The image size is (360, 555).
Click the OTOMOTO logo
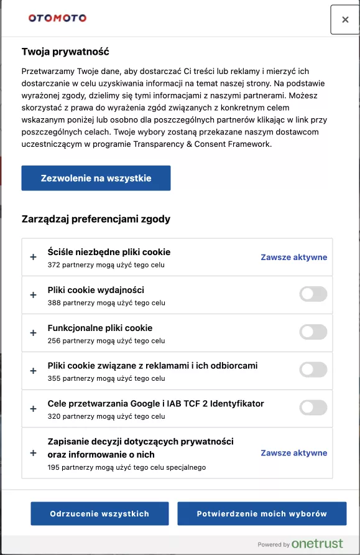pyautogui.click(x=57, y=18)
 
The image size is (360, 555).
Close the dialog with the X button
pyautogui.click(x=345, y=20)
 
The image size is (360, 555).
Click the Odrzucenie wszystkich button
pyautogui.click(x=99, y=514)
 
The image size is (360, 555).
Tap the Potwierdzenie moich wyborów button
pyautogui.click(x=262, y=514)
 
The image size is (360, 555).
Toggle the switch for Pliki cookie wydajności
pyautogui.click(x=313, y=294)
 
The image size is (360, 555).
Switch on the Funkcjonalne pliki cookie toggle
pyautogui.click(x=313, y=332)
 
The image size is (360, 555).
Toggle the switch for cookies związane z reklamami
pyautogui.click(x=313, y=370)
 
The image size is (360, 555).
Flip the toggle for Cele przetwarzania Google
pyautogui.click(x=313, y=408)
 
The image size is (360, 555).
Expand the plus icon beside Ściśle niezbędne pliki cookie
pyautogui.click(x=34, y=257)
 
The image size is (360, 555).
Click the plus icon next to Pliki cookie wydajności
pyautogui.click(x=34, y=295)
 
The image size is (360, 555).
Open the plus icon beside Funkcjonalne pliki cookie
pyautogui.click(x=34, y=333)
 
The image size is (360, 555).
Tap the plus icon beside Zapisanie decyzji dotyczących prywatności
pyautogui.click(x=34, y=453)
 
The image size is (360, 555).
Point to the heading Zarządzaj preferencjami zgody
pyautogui.click(x=96, y=219)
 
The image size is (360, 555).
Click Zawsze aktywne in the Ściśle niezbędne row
pyautogui.click(x=293, y=257)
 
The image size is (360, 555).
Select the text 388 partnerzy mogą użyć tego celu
pyautogui.click(x=106, y=303)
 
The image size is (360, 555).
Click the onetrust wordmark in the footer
pyautogui.click(x=317, y=544)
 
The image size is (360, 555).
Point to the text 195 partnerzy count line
pyautogui.click(x=126, y=467)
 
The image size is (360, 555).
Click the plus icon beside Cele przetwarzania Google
pyautogui.click(x=34, y=408)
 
